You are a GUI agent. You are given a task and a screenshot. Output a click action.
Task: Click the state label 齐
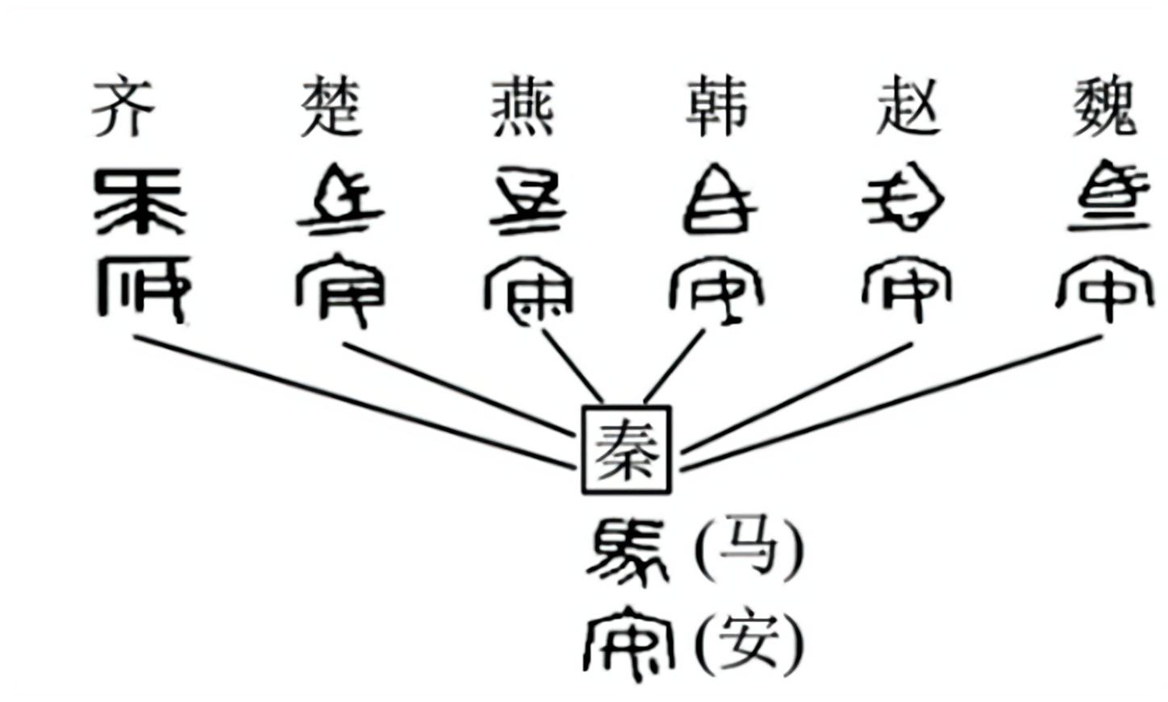click(x=123, y=107)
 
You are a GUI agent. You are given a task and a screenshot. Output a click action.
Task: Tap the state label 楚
click(x=330, y=107)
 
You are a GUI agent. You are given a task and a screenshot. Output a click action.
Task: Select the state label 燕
click(x=524, y=107)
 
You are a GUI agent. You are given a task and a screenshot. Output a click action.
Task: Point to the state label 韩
click(x=716, y=107)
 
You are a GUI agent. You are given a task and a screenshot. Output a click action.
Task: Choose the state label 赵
click(x=907, y=107)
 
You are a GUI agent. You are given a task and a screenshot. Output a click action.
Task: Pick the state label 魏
click(x=1105, y=107)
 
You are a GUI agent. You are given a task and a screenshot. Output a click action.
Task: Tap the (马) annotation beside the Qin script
click(x=749, y=548)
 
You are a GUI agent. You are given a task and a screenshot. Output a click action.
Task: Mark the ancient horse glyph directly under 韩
click(x=718, y=200)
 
